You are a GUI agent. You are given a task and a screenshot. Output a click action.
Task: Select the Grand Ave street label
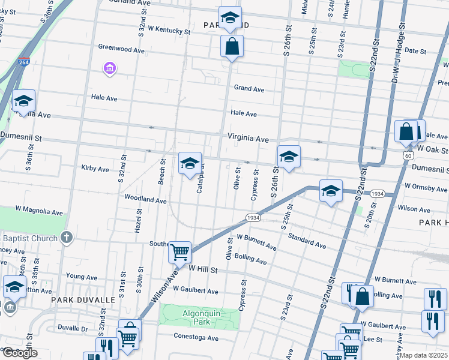(249, 89)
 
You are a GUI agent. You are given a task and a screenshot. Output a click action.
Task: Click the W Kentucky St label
(172, 28)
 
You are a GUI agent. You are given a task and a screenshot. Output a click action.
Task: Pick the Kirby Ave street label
(95, 169)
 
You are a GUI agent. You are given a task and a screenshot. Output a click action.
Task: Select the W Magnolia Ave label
(32, 212)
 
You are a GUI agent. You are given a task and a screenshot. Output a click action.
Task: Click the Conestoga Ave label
(196, 338)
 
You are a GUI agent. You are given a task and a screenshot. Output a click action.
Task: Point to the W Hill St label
(202, 271)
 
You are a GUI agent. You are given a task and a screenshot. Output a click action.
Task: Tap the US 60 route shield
(408, 156)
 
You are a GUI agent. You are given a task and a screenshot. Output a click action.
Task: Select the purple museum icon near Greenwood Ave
(109, 70)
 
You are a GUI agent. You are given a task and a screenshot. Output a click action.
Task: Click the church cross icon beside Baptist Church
(66, 238)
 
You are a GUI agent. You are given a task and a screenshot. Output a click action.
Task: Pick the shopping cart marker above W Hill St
(179, 253)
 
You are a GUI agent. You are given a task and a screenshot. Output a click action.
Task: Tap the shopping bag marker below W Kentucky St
(232, 46)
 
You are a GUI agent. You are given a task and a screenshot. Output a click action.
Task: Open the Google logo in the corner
(19, 353)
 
